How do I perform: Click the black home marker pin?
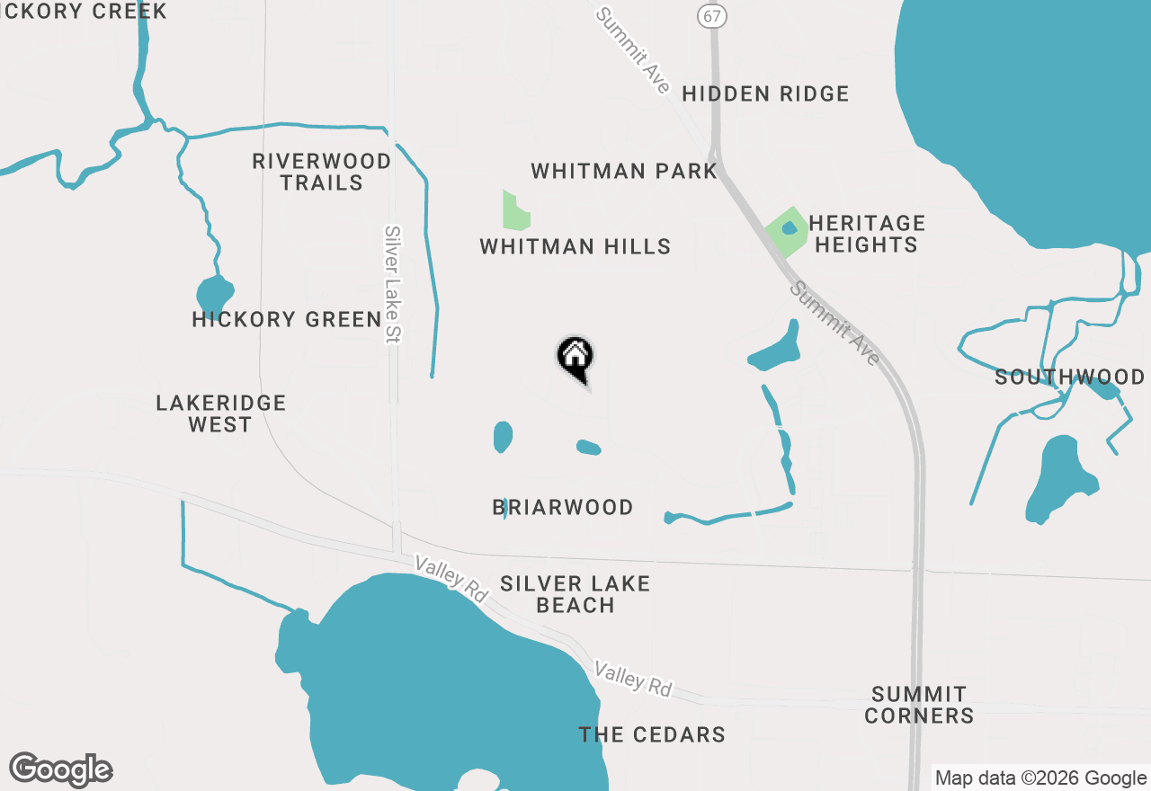pos(575,357)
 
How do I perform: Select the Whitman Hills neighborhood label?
pos(575,246)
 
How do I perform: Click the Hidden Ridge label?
pos(765,93)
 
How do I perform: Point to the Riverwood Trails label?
pos(321,172)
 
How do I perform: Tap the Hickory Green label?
pos(287,319)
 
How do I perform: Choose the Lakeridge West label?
pos(220,413)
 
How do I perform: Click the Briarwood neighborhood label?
pos(563,508)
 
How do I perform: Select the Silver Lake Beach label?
pos(575,594)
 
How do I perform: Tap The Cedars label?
pos(652,734)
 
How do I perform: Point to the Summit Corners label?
pos(918,705)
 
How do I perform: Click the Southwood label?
pos(1069,377)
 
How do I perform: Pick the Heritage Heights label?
pos(866,234)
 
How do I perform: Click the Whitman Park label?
pos(623,171)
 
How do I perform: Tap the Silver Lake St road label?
pos(392,283)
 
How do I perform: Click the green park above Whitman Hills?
pos(514,212)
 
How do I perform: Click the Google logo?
pos(60,770)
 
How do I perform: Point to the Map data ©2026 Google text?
pos(1040,778)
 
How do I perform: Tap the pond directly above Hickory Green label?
pos(215,294)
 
